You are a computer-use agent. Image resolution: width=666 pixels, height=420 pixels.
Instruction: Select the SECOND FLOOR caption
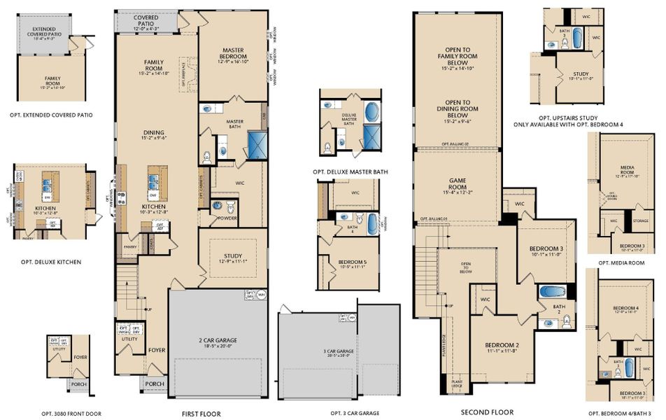pos(487,412)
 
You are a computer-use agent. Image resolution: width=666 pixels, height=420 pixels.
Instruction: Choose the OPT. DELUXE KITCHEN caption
pos(50,262)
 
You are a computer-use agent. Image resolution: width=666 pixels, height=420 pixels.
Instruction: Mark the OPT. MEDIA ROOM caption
pos(621,262)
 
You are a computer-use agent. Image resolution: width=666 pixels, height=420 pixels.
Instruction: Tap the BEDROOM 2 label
pos(502,346)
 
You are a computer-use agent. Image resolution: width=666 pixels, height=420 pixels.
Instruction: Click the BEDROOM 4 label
pos(625,308)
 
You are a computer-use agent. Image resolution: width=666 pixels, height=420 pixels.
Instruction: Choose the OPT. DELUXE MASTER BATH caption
pos(350,171)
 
